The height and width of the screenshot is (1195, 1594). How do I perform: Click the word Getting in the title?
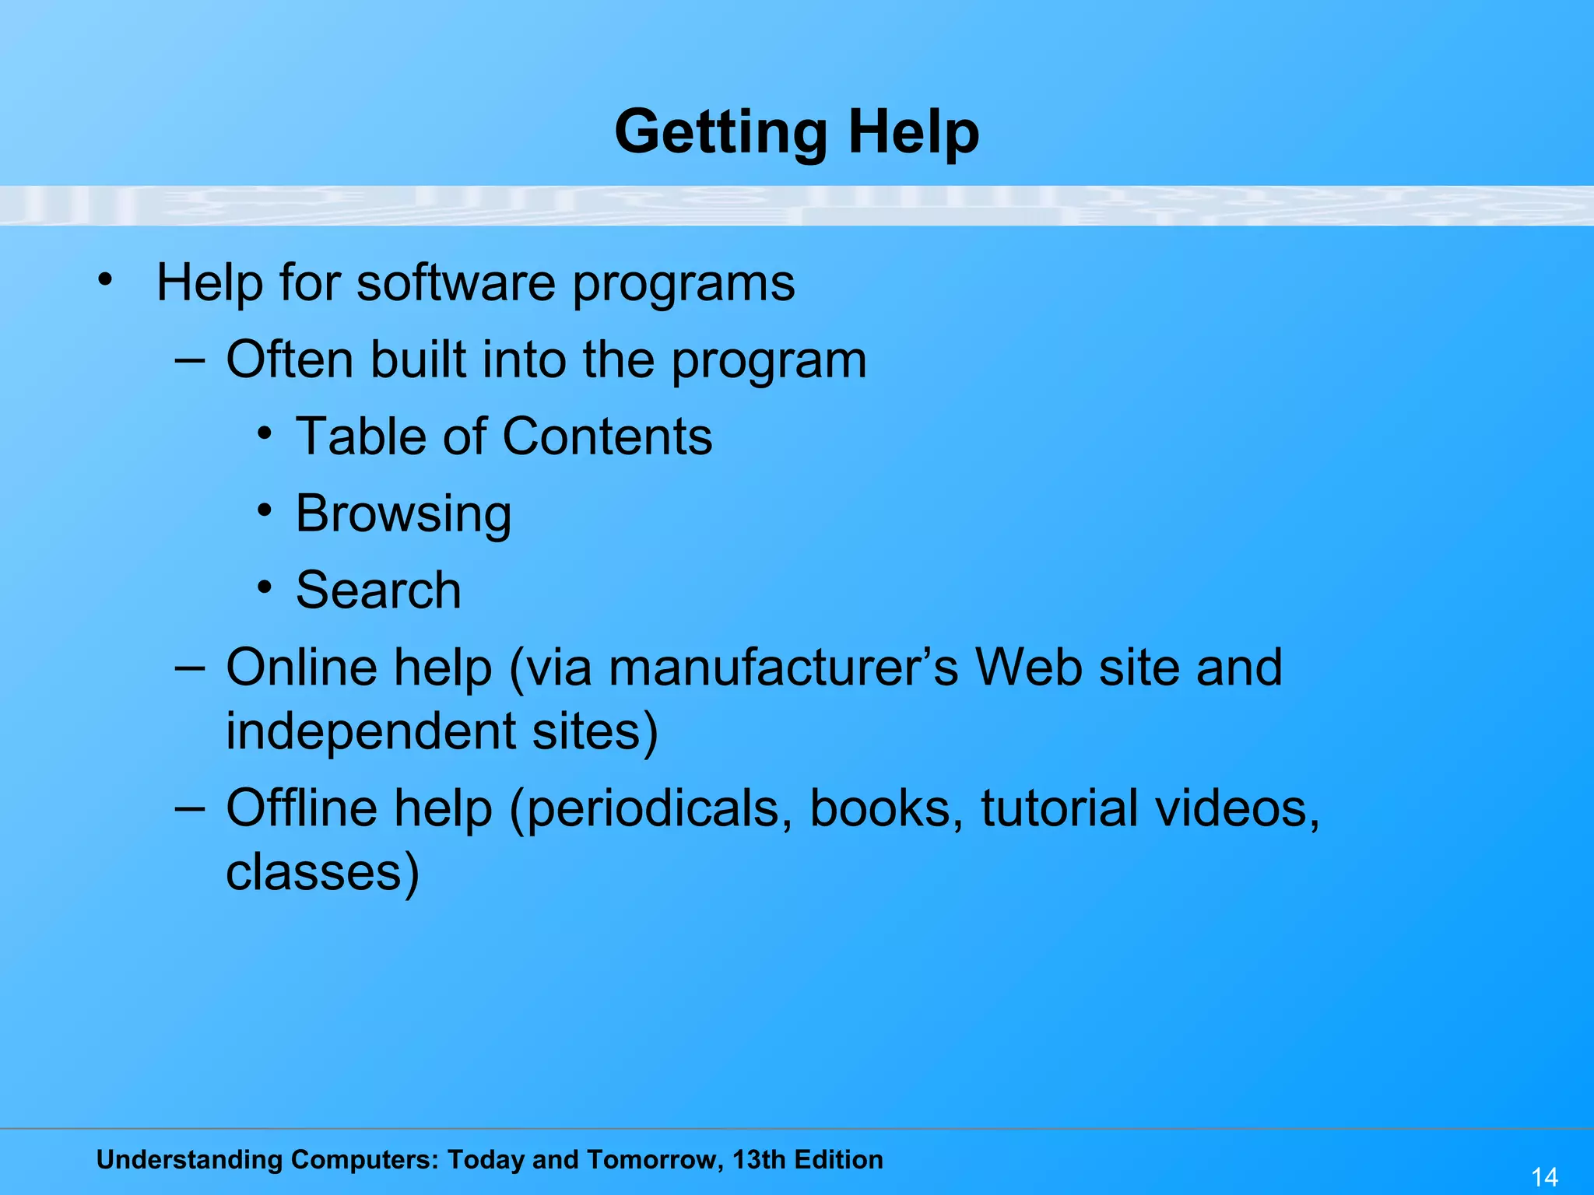[720, 132]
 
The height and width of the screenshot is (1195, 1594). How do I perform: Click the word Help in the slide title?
[914, 132]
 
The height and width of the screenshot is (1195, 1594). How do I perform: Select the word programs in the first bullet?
[684, 283]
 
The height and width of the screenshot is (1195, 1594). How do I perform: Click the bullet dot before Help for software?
[105, 279]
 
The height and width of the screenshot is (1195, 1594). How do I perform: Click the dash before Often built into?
[190, 359]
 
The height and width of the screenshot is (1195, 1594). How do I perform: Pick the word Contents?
[607, 436]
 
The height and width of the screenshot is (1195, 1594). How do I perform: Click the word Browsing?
[403, 514]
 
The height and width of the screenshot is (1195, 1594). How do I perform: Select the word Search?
[378, 590]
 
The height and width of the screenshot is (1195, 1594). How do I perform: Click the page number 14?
[1544, 1176]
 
